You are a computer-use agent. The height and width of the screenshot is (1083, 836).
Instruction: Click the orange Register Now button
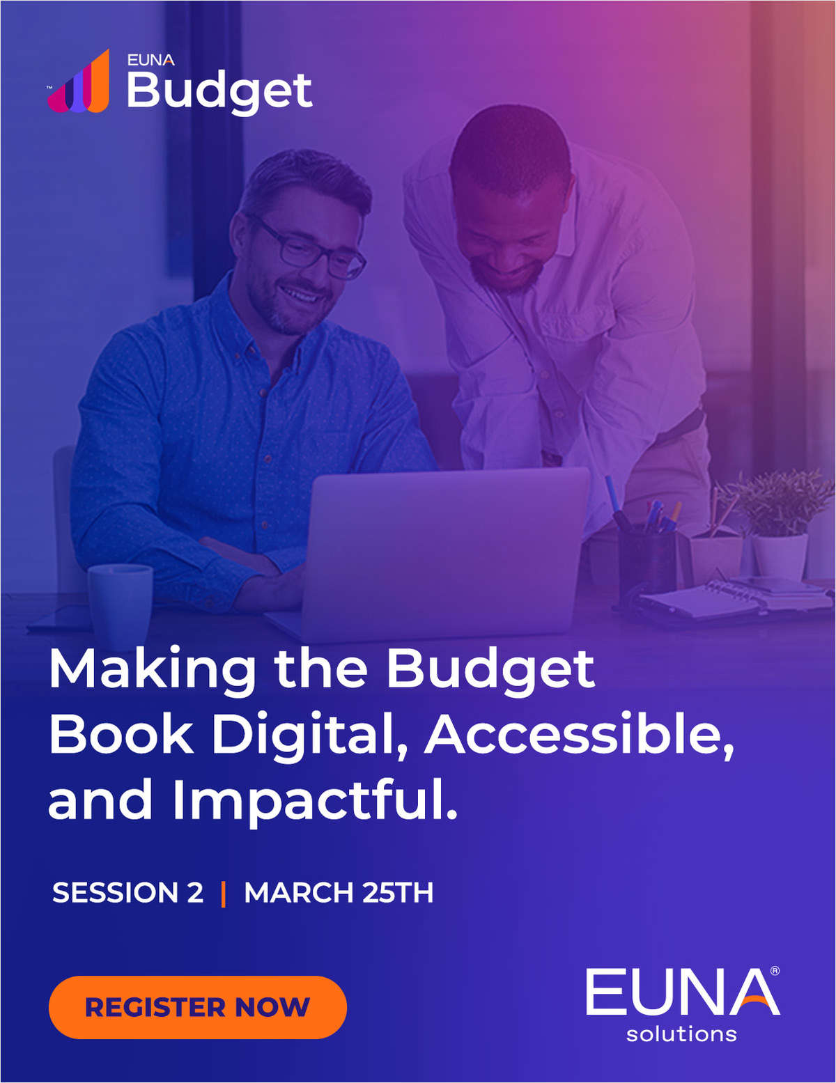coord(197,1007)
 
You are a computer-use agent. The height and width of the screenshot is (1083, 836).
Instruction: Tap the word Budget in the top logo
coord(219,91)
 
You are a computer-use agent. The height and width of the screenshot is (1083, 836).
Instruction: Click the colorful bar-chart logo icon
coord(79,82)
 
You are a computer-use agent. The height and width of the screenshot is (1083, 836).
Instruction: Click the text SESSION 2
coord(127,893)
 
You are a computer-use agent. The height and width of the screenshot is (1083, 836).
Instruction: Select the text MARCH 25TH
coord(339,893)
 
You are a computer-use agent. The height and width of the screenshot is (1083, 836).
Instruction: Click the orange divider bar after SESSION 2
coord(223,894)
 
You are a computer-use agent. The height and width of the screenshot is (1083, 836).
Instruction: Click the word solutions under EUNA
coord(681,1034)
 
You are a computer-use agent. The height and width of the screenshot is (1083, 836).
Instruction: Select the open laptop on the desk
coord(446,550)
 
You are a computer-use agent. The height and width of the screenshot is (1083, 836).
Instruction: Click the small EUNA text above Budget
coord(150,60)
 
